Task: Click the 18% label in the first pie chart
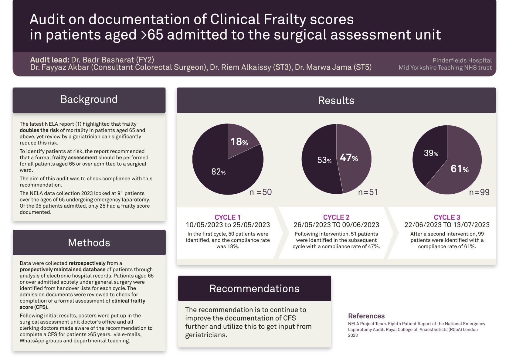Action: (239, 142)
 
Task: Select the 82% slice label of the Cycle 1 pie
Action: (218, 172)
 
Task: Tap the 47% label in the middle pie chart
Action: (349, 158)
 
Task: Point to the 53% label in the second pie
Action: (324, 160)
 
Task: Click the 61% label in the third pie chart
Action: (459, 169)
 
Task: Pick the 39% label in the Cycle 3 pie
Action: (431, 153)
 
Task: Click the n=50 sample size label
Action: (260, 192)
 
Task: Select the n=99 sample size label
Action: (479, 192)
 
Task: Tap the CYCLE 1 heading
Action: (227, 217)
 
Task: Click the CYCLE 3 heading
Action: (447, 217)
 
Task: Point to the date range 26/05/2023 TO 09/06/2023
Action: (336, 225)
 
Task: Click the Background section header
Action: (89, 100)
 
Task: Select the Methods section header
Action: (89, 243)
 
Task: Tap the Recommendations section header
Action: (254, 289)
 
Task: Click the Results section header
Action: (336, 100)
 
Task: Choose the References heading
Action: (366, 316)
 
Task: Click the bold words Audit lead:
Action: (50, 60)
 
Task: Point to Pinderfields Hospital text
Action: (462, 60)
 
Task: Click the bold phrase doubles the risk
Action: (39, 130)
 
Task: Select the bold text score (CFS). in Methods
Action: (34, 307)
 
